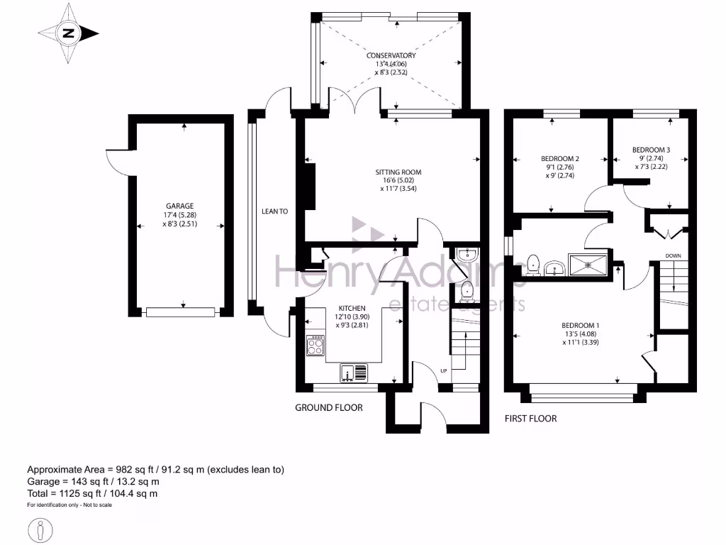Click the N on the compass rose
click(x=69, y=33)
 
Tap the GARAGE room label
click(x=179, y=207)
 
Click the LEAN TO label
click(x=274, y=211)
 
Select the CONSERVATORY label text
click(x=391, y=55)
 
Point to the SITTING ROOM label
click(x=398, y=172)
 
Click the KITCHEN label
click(x=352, y=308)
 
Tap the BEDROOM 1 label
click(x=580, y=325)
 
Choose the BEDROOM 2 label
click(x=560, y=158)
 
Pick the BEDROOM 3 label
click(x=651, y=150)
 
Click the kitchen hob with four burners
click(x=315, y=346)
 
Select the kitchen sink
click(x=354, y=373)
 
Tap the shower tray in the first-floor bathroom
click(x=588, y=265)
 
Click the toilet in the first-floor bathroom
click(x=533, y=265)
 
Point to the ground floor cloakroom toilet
click(x=467, y=291)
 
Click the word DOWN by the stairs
click(x=674, y=255)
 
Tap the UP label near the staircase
click(x=444, y=370)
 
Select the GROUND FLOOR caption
click(x=329, y=408)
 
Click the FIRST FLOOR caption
click(x=530, y=419)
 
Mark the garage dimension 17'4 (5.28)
click(x=179, y=215)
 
